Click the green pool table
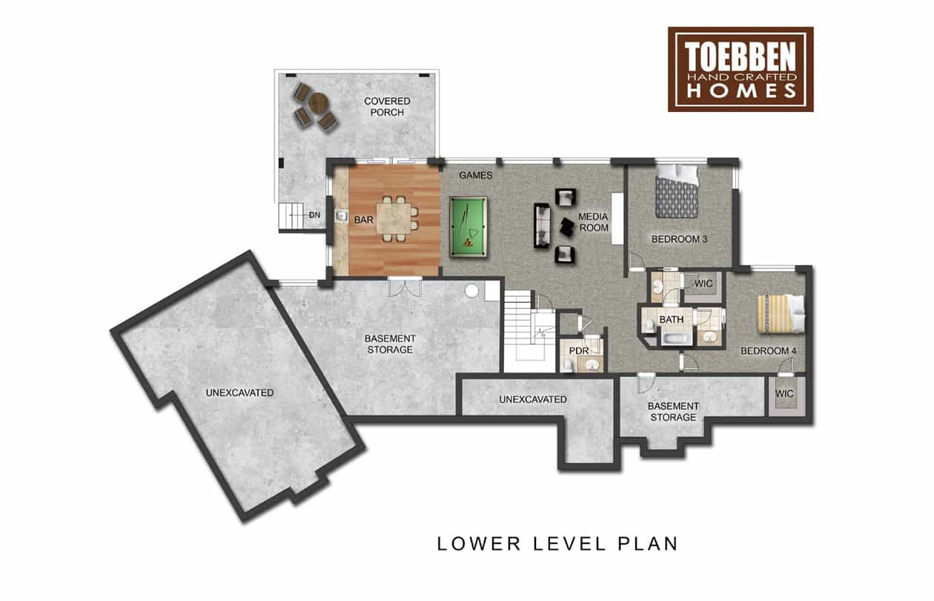tap(468, 226)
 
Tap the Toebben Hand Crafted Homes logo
tap(741, 69)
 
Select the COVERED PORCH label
tap(387, 107)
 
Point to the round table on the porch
tap(319, 102)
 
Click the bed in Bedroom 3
tap(676, 191)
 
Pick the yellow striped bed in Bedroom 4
tap(780, 314)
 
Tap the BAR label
tap(363, 220)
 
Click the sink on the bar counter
tap(342, 216)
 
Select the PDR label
tap(579, 351)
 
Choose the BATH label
tap(672, 320)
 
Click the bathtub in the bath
tap(677, 338)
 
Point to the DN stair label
tap(315, 215)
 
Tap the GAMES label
tap(475, 175)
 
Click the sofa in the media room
tap(542, 226)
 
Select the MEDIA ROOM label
tap(593, 222)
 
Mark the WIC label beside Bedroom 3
tap(703, 283)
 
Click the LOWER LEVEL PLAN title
tap(557, 544)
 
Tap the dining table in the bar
tap(394, 218)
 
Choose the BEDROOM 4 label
tap(769, 351)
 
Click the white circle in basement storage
tap(471, 291)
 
